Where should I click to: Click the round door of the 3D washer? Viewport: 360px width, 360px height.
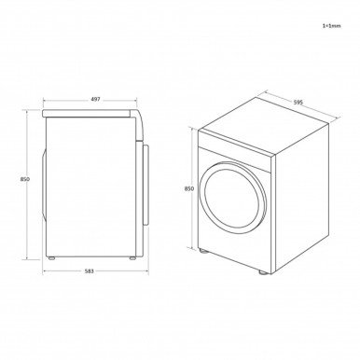pos(228,197)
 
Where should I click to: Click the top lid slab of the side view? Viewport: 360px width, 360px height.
pos(89,111)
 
